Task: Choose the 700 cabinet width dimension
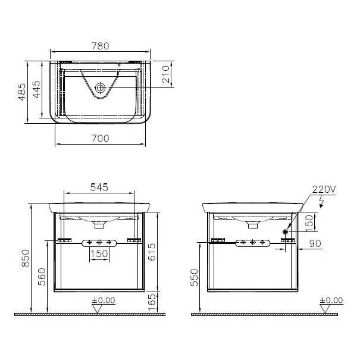coord(101,138)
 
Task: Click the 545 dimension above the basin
coord(99,187)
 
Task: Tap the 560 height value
coord(40,276)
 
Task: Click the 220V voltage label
coord(324,189)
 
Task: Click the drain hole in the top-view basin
coord(101,88)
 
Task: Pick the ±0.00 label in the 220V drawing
coord(331,300)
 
